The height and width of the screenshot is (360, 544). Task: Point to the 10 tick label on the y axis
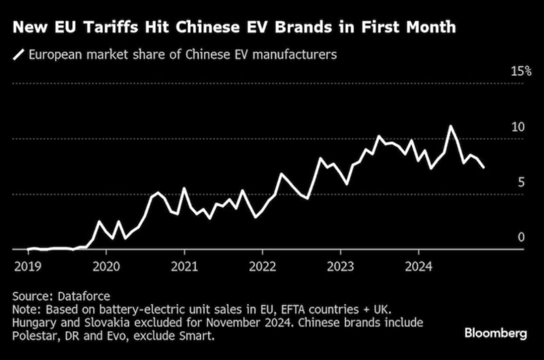point(522,127)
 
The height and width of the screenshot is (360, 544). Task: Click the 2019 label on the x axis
point(27,264)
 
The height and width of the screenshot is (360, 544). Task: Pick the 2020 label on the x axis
point(106,264)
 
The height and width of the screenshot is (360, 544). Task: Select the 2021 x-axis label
point(184,264)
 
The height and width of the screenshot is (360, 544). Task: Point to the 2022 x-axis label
point(263,264)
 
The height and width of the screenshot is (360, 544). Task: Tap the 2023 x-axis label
point(341,264)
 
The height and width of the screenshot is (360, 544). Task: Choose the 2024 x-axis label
point(419,264)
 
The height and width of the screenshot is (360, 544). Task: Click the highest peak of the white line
point(450,126)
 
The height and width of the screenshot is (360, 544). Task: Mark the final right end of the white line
point(484,167)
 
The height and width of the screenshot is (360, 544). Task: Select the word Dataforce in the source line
point(82,296)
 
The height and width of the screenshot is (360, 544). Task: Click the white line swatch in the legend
point(18,55)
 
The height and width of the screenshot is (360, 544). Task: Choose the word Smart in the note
point(195,337)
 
